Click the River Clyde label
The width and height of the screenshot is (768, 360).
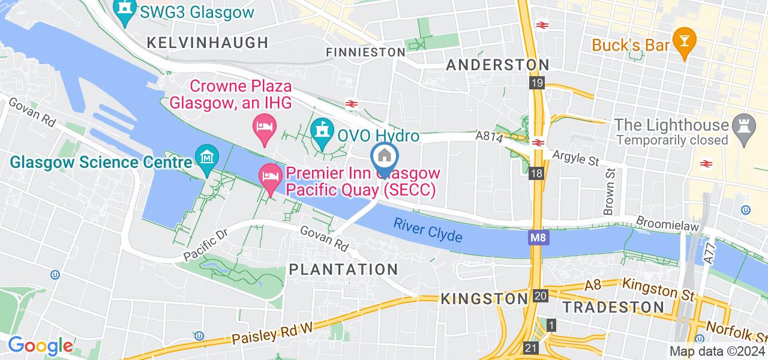click(428, 230)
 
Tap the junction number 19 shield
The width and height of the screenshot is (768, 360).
click(537, 83)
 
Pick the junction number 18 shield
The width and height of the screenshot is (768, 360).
click(537, 174)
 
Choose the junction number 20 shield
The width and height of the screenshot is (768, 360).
click(539, 296)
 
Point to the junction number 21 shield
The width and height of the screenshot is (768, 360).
click(530, 348)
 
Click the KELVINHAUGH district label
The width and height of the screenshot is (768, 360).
click(207, 43)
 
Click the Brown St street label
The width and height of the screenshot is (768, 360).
click(610, 191)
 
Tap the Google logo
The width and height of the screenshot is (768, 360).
click(40, 346)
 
